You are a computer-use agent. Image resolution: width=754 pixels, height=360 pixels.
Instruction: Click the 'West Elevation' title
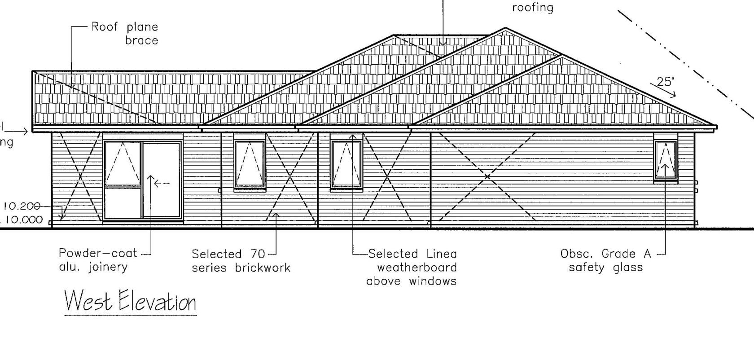pos(131,301)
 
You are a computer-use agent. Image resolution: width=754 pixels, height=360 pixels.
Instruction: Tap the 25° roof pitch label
pos(665,82)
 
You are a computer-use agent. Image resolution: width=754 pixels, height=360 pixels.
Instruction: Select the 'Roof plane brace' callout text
pos(125,34)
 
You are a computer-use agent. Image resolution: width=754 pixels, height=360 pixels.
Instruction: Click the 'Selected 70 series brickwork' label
pos(241,261)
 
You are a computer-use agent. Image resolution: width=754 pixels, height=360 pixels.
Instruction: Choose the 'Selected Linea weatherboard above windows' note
pos(412,268)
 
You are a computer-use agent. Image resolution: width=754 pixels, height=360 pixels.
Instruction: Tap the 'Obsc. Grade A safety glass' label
pos(605,261)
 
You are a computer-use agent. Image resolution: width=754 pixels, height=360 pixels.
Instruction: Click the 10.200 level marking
pos(21,206)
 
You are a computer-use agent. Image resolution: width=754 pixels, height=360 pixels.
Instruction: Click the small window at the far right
pos(665,160)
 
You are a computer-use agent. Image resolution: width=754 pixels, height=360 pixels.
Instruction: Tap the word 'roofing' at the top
pos(533,8)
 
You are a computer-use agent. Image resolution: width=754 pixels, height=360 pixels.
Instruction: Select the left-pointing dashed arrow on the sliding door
pos(161,183)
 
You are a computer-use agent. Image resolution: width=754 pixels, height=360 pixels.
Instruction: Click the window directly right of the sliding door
pos(250,164)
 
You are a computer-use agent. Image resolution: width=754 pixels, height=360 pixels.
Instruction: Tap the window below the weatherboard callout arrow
pos(346,164)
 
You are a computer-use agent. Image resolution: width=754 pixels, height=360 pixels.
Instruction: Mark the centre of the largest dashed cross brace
pos(487,177)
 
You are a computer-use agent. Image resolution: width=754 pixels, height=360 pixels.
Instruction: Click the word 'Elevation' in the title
pos(157,302)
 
